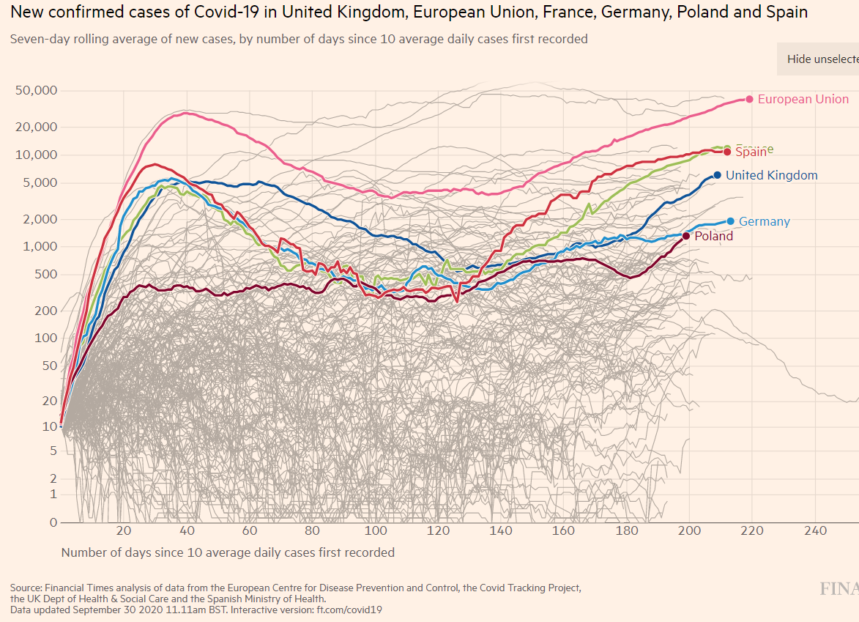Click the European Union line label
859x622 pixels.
(x=803, y=99)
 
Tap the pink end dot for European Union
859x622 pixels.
(x=749, y=99)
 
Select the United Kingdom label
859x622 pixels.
(x=771, y=175)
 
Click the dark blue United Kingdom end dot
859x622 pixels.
(x=717, y=175)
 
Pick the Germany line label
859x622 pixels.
(x=764, y=221)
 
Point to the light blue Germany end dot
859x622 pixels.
(x=730, y=221)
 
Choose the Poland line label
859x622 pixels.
(x=713, y=236)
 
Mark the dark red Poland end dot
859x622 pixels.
(x=686, y=236)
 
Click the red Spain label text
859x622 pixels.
(x=751, y=152)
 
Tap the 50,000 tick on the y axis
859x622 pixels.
(x=37, y=91)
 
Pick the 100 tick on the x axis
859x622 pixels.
(x=376, y=531)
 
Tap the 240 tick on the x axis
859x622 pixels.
(x=815, y=531)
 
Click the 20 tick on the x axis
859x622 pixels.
(x=123, y=531)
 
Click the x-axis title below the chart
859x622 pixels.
(x=228, y=552)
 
